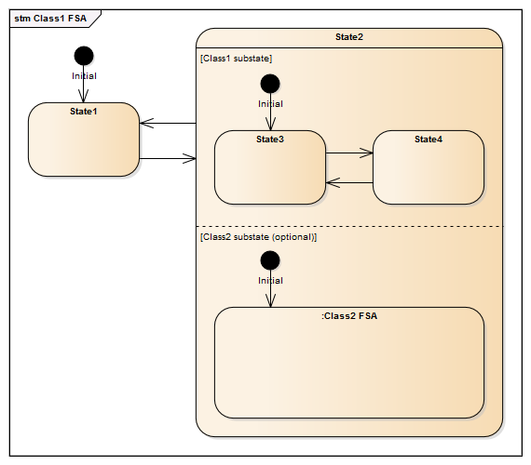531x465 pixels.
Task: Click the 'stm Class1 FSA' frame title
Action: [x=50, y=19]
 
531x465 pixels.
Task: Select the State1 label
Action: [x=84, y=112]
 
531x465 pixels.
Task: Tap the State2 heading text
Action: [x=349, y=37]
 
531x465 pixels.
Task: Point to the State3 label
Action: [x=270, y=139]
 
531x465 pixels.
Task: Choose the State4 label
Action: [x=429, y=139]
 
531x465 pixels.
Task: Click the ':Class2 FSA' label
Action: [x=349, y=316]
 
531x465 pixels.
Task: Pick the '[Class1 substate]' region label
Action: [x=236, y=59]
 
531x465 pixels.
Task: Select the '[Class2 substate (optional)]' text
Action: [x=258, y=237]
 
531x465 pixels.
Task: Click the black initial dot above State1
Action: [x=84, y=56]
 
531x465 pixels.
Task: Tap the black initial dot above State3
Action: [x=270, y=84]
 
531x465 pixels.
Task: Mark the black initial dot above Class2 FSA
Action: [x=270, y=260]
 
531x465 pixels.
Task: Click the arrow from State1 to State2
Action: [x=168, y=158]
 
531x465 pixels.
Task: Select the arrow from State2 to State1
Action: [x=168, y=123]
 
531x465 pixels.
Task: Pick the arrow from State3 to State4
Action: [x=349, y=153]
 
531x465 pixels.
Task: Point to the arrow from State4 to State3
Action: [x=349, y=182]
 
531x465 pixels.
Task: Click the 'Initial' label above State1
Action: [x=84, y=75]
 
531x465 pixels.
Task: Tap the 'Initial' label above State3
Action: [x=270, y=103]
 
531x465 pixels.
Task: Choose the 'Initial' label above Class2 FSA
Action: [x=270, y=280]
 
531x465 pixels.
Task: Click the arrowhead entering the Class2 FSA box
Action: [x=270, y=301]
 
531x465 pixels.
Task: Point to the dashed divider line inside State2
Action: [x=349, y=226]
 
